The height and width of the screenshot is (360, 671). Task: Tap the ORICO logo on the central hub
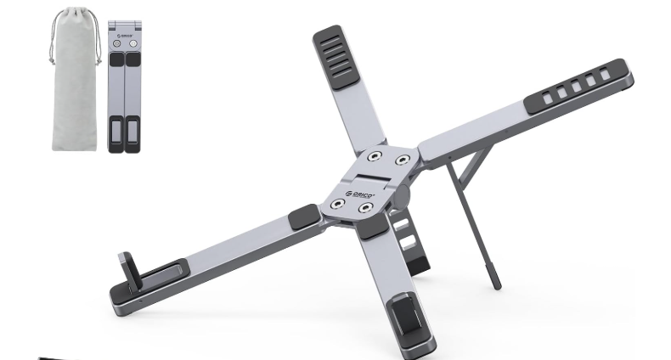(360, 195)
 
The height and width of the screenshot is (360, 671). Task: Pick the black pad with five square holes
(576, 87)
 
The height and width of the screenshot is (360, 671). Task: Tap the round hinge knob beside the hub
(402, 196)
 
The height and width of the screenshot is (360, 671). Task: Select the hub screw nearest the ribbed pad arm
(375, 156)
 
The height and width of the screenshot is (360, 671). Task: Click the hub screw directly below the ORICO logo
(365, 208)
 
